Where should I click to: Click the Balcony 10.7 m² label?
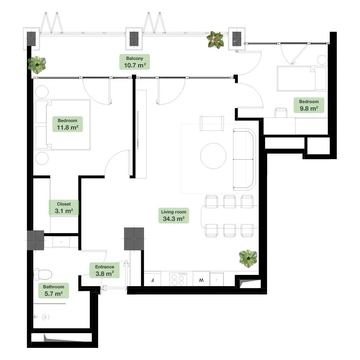click(x=135, y=62)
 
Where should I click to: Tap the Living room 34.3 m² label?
click(x=173, y=216)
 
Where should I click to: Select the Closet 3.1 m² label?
click(x=64, y=207)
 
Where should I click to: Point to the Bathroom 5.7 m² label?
click(x=53, y=290)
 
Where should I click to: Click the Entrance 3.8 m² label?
click(x=104, y=270)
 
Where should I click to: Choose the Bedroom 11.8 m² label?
click(x=67, y=124)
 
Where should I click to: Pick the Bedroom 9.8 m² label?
click(x=309, y=105)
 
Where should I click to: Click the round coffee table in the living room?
click(x=213, y=156)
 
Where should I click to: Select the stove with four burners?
click(x=178, y=279)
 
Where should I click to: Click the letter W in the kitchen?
click(x=201, y=280)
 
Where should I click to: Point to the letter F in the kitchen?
click(x=152, y=280)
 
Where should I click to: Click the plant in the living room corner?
click(x=248, y=259)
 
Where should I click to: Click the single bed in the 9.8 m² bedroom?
click(x=302, y=79)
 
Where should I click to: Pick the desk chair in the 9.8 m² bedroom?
click(x=281, y=113)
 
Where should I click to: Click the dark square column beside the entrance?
click(x=134, y=239)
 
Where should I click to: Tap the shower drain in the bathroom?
click(x=46, y=317)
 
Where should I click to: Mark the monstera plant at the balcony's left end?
click(x=37, y=65)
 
